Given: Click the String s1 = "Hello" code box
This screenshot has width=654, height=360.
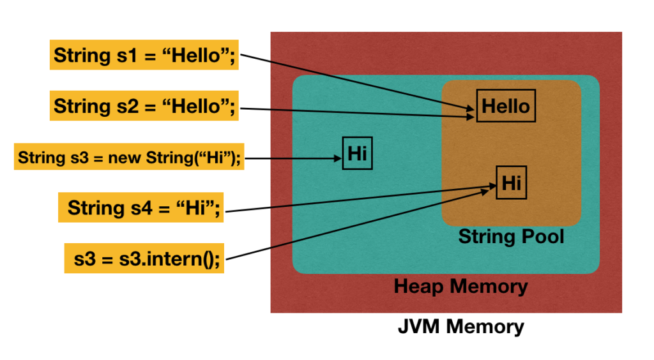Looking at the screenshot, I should point(144,56).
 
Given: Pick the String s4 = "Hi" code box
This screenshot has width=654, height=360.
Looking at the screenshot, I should point(144,208).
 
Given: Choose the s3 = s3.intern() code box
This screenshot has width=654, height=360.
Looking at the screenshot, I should point(145,259).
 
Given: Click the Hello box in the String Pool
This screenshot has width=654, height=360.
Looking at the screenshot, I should point(505,106).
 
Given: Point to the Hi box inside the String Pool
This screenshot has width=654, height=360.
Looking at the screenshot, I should point(511,183).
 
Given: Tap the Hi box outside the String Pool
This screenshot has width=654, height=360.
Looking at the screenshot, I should point(358,154).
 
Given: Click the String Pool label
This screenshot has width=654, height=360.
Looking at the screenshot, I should point(511,237).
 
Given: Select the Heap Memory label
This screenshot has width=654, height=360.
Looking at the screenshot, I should point(460,286).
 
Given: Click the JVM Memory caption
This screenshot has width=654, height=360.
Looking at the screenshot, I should point(460,327).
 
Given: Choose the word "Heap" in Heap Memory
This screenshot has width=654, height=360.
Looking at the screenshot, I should point(418,286).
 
